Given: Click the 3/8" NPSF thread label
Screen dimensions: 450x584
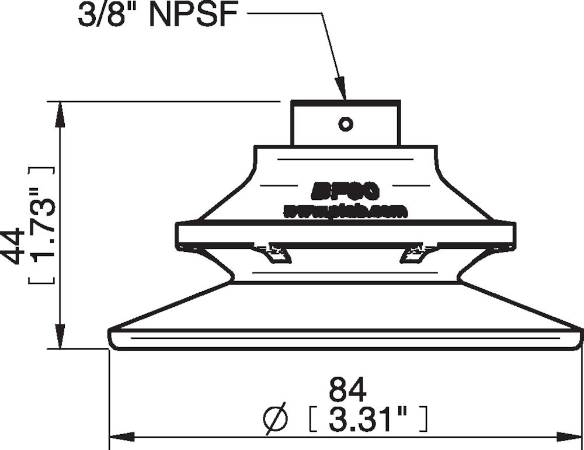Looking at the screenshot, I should pyautogui.click(x=157, y=16).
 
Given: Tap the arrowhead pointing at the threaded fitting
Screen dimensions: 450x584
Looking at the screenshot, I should pyautogui.click(x=342, y=91).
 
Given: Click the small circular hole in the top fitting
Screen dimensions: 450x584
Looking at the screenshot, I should pyautogui.click(x=346, y=123).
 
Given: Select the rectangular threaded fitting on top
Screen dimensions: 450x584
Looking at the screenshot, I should pyautogui.click(x=346, y=123).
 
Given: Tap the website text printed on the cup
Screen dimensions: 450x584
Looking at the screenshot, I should pyautogui.click(x=345, y=210).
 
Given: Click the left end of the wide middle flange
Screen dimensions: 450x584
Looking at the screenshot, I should pyautogui.click(x=179, y=234).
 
